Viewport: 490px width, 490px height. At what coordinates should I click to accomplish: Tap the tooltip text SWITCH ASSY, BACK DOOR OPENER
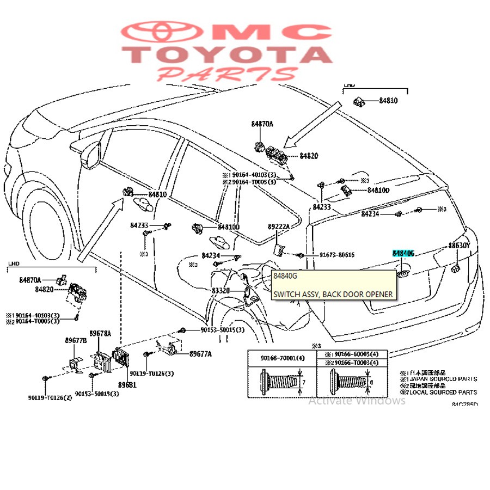pyautogui.click(x=333, y=295)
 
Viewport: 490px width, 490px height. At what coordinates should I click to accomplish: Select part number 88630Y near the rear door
pyautogui.click(x=459, y=246)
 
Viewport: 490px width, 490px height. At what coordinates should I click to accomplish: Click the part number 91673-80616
pyautogui.click(x=336, y=255)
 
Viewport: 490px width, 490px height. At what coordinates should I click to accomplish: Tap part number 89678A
pyautogui.click(x=100, y=333)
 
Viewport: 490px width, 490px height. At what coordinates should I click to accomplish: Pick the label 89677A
pyautogui.click(x=200, y=354)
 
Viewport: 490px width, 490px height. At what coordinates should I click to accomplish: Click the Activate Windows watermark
pyautogui.click(x=357, y=401)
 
